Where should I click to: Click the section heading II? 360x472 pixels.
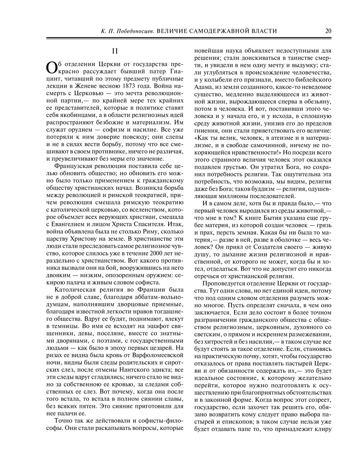114,51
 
